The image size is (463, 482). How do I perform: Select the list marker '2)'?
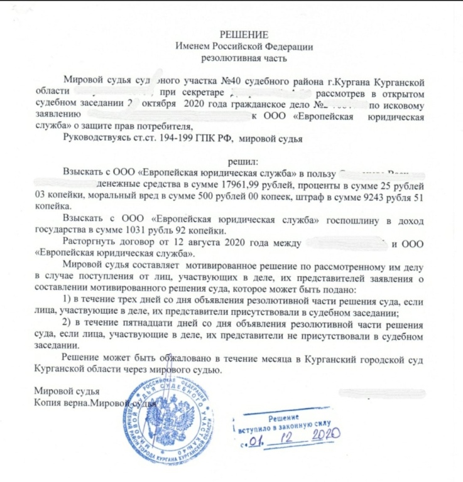coord(70,323)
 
